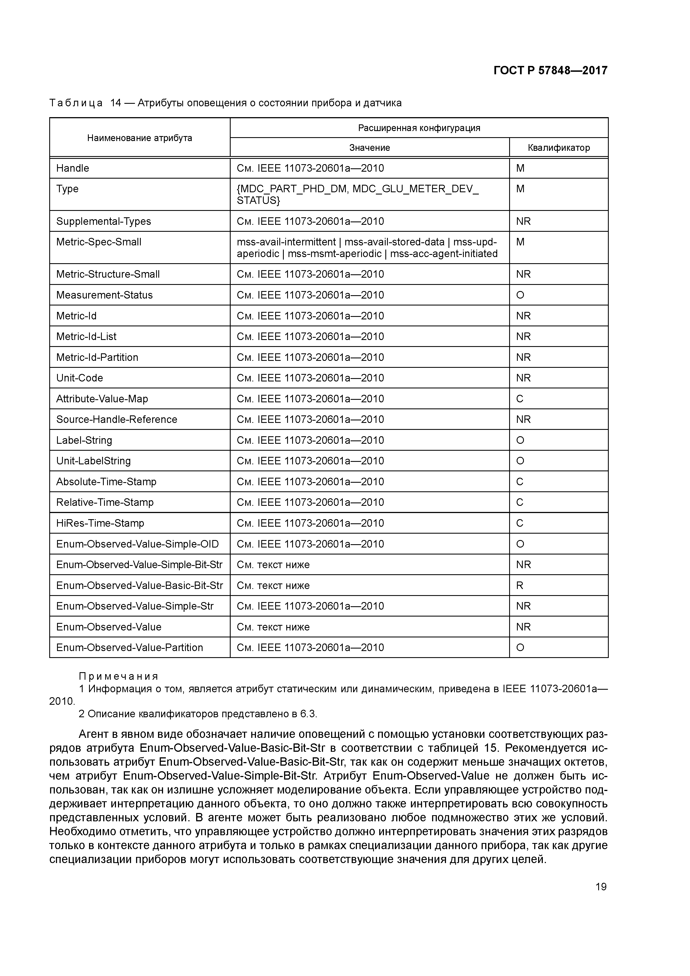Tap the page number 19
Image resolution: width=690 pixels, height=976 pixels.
coord(601,887)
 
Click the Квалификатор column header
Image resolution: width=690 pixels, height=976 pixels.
coord(559,148)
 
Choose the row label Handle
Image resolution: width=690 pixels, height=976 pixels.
coord(73,168)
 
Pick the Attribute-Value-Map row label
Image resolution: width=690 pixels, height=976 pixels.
coord(102,399)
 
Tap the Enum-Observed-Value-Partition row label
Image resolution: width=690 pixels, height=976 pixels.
coord(130,647)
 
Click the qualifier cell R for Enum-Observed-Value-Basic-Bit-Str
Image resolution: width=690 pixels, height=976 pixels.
coord(519,586)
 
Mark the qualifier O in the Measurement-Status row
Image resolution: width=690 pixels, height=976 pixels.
coord(520,295)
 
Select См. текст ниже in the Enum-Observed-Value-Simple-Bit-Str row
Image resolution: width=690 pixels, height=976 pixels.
coord(273,565)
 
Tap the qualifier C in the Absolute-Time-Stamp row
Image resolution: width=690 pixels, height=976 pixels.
coord(519,482)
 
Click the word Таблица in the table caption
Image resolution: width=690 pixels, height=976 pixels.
coord(76,103)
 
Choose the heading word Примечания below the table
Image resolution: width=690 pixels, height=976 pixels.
coord(118,676)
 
